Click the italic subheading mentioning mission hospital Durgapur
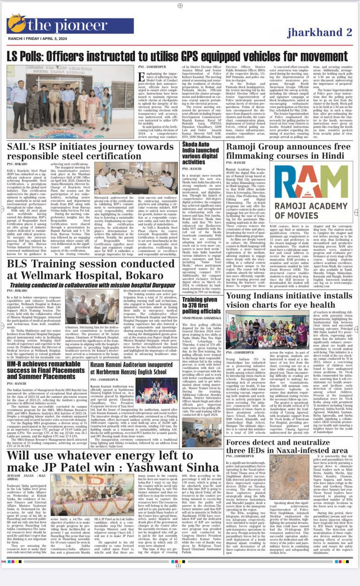point(91,285)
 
